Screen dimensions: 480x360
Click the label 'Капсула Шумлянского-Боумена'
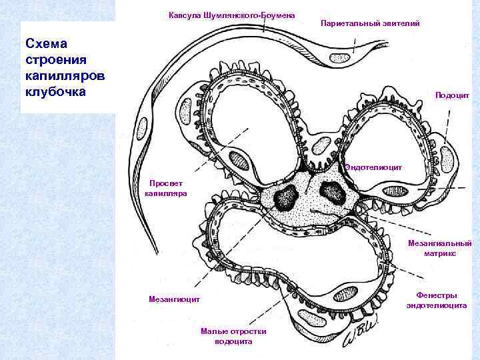pos(232,15)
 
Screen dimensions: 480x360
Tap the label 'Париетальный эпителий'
pos(370,23)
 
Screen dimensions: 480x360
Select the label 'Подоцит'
pos(453,95)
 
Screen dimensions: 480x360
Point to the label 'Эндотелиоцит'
pos(374,168)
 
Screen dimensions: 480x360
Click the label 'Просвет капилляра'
pos(165,188)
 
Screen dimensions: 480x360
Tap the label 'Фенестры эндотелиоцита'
pos(437,300)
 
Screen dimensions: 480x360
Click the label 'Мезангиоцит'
pos(174,299)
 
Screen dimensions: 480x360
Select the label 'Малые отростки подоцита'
pos(233,336)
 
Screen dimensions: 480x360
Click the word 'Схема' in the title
pos(46,44)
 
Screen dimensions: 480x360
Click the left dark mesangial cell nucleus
pos(288,197)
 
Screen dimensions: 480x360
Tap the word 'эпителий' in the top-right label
pos(401,23)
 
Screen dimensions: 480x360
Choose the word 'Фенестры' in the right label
pos(437,295)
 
